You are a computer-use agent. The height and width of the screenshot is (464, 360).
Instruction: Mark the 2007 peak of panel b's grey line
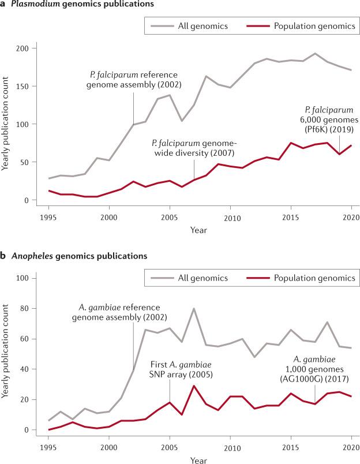(194, 308)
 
